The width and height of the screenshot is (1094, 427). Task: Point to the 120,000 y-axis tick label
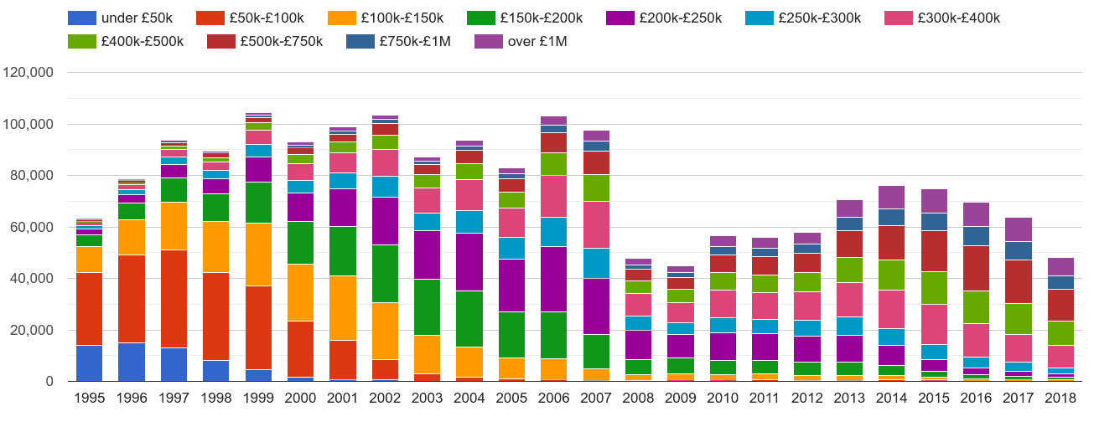pos(29,73)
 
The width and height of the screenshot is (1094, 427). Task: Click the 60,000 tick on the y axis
pos(33,228)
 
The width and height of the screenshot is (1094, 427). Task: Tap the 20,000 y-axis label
pos(33,331)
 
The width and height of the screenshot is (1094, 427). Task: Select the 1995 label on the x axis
pos(90,399)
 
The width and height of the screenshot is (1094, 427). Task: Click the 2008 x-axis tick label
pos(638,399)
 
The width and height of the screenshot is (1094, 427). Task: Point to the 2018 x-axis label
pos(1060,399)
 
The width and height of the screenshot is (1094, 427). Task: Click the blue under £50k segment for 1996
pos(132,362)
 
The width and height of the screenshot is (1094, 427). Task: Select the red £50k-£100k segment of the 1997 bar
pos(174,298)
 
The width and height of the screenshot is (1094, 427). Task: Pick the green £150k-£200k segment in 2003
pos(427,306)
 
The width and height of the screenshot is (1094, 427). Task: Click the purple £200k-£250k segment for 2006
pos(553,279)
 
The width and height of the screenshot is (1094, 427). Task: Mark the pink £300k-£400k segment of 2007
pos(596,224)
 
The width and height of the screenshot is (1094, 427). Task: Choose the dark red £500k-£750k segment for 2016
pos(975,268)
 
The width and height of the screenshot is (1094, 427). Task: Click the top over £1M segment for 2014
pos(891,198)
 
